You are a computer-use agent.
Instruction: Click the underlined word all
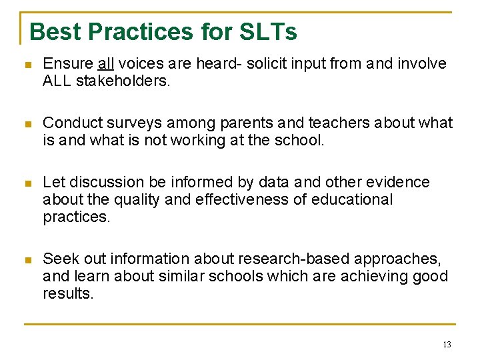coord(106,63)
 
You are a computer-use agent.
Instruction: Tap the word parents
coord(245,123)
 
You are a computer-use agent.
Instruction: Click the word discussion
coord(105,182)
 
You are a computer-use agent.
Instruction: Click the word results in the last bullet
coord(67,293)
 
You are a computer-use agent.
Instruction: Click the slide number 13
coord(446,344)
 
